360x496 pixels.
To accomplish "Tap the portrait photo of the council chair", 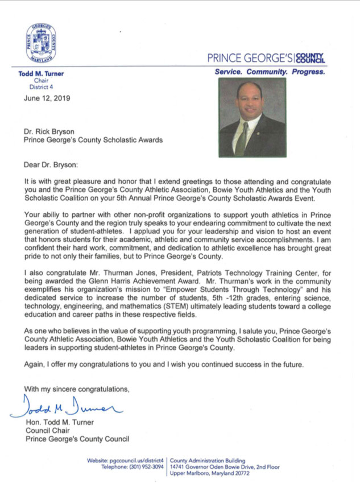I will [252, 117].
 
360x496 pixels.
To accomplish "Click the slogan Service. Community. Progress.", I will [270, 72].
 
